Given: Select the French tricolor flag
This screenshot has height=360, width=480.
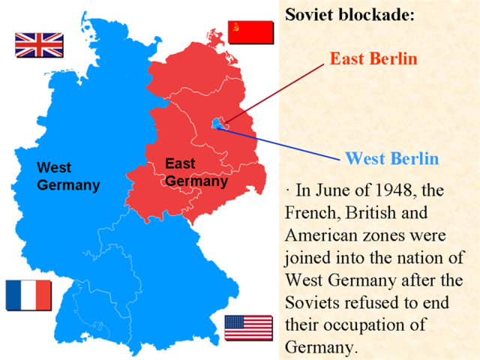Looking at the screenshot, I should (28, 295).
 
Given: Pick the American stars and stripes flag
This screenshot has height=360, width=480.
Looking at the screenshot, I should (248, 328).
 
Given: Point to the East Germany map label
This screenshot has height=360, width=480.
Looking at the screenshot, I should (196, 172).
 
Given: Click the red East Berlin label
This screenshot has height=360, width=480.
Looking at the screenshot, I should (373, 59).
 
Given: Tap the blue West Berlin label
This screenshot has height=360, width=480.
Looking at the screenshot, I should (391, 158).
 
